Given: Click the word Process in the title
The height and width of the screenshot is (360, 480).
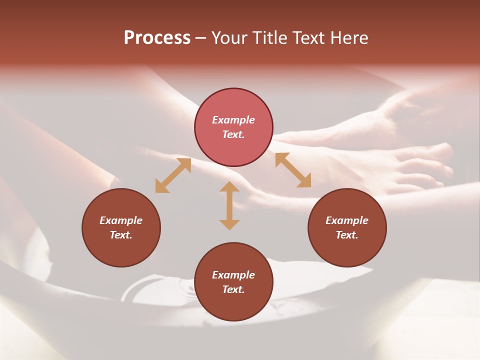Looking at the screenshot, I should [x=157, y=38].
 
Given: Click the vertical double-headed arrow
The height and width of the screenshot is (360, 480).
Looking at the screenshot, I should [x=229, y=205].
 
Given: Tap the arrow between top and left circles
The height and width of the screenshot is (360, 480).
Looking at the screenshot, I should [x=173, y=175].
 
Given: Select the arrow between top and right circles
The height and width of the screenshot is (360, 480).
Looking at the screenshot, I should [x=293, y=170].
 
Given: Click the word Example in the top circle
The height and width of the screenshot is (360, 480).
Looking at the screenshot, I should [x=233, y=120].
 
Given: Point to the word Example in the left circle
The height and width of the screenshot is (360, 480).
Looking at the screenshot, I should [x=121, y=220].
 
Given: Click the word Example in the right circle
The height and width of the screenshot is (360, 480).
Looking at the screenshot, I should [x=347, y=220].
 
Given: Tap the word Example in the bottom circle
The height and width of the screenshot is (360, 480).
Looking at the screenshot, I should [x=233, y=275].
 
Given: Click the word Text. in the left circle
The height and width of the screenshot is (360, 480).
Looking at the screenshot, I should [x=121, y=235].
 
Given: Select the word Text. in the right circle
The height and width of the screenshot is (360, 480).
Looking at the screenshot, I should [x=347, y=235].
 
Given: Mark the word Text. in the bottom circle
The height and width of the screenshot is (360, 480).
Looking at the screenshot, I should [x=233, y=289].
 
